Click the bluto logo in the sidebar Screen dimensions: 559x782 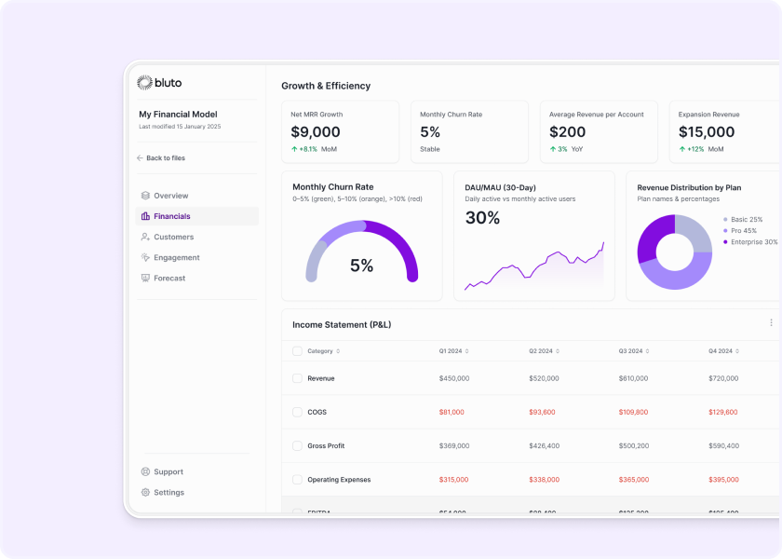click(159, 83)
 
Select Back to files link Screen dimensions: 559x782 click(165, 158)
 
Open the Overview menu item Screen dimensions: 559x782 click(170, 196)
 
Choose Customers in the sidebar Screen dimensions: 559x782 click(173, 237)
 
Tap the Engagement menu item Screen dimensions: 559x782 click(176, 257)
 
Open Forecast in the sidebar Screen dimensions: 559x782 click(169, 278)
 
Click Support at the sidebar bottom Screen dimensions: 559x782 click(168, 471)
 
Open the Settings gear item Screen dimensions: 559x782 click(169, 492)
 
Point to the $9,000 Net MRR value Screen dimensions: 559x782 click(316, 132)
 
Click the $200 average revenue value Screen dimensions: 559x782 click(568, 132)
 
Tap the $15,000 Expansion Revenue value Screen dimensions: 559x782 click(707, 132)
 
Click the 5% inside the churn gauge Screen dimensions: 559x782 click(361, 266)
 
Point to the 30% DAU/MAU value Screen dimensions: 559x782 click(482, 218)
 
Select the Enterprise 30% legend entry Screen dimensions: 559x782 click(753, 242)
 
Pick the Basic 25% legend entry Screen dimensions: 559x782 click(746, 220)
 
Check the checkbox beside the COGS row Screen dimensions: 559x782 click(297, 412)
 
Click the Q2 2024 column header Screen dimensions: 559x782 click(541, 351)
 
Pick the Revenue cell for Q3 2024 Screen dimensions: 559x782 click(633, 378)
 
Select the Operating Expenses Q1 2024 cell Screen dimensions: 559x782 click(453, 480)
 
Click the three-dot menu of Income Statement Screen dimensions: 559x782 click(771, 323)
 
